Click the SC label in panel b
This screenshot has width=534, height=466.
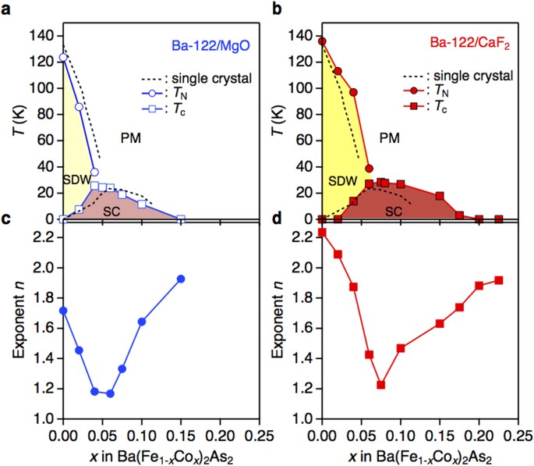tap(394, 211)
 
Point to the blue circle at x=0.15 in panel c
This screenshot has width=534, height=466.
tap(181, 279)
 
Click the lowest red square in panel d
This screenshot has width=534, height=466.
tap(380, 385)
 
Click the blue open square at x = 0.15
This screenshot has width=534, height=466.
tap(181, 219)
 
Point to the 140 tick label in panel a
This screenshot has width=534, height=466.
tap(40, 36)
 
